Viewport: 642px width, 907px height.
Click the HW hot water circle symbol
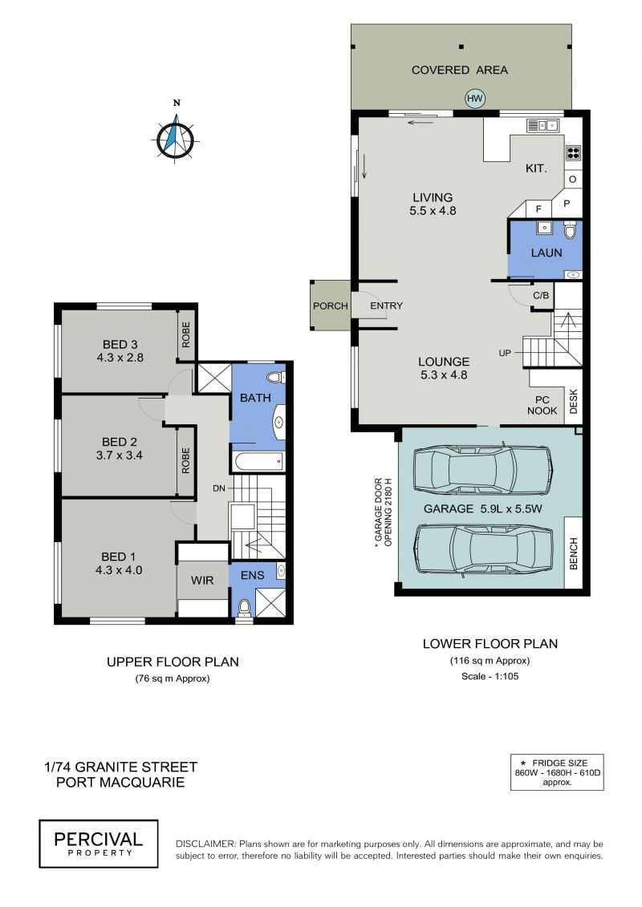(x=475, y=99)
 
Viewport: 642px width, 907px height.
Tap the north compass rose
(x=177, y=138)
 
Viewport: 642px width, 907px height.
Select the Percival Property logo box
(x=99, y=844)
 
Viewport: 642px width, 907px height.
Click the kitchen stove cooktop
(x=572, y=152)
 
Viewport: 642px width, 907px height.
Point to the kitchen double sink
(x=542, y=124)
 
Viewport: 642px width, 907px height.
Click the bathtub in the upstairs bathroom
(x=258, y=461)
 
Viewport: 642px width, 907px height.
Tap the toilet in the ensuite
(x=244, y=608)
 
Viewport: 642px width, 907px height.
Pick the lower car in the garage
(x=482, y=549)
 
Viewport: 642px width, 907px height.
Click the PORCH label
(x=331, y=306)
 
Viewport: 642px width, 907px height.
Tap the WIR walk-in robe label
(x=202, y=580)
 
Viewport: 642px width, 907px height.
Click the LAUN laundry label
(x=546, y=253)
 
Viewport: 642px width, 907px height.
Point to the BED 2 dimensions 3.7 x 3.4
(x=120, y=456)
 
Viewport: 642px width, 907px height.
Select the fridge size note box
(x=557, y=772)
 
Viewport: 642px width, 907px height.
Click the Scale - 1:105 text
(x=490, y=676)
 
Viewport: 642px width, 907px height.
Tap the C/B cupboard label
(x=541, y=296)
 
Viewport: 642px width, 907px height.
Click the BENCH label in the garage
(x=574, y=553)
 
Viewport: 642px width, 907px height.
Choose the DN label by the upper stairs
(x=219, y=488)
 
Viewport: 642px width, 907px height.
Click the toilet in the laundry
(x=571, y=229)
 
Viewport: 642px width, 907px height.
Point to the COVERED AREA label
(x=460, y=70)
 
